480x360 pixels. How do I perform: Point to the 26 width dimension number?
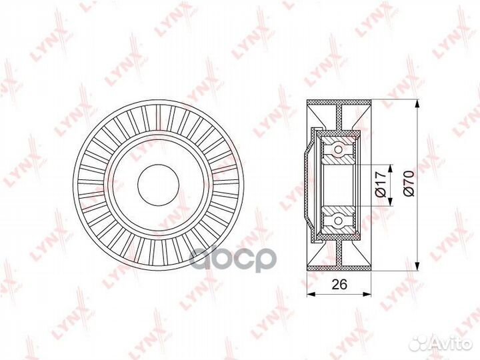coord(339,285)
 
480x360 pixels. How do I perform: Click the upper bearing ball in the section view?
coord(339,148)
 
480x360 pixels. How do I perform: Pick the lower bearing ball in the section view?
coord(339,219)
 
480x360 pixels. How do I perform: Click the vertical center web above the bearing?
coord(339,116)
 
